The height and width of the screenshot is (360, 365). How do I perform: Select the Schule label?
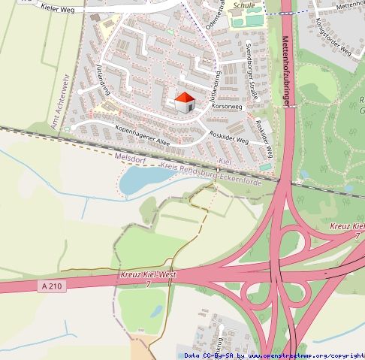(245, 5)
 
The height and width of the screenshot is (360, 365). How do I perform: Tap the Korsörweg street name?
(228, 107)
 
